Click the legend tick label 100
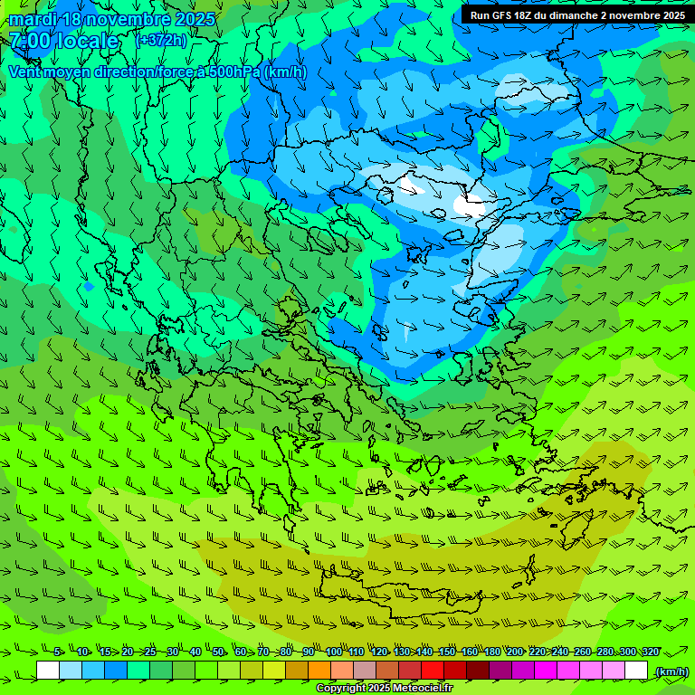click(x=334, y=652)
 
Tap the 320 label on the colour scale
click(x=651, y=652)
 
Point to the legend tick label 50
click(x=218, y=652)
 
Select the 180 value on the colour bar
click(x=492, y=652)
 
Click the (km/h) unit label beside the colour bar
click(x=671, y=671)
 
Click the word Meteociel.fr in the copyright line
click(x=422, y=689)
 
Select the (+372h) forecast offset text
click(x=161, y=40)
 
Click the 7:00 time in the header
click(x=28, y=41)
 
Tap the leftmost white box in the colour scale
click(x=48, y=671)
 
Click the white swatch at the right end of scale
click(x=636, y=671)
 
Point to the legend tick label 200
click(x=515, y=652)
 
